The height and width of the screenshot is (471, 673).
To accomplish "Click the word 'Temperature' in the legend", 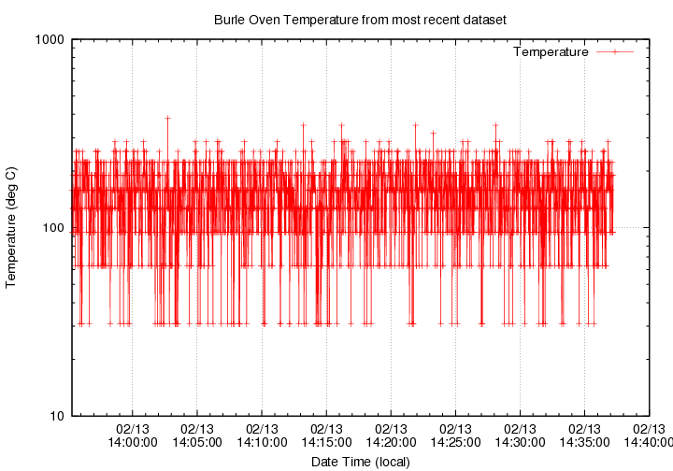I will tap(551, 52).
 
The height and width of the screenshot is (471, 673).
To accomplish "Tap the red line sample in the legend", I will tap(614, 52).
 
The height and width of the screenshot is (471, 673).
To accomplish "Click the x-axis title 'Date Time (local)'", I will tap(360, 461).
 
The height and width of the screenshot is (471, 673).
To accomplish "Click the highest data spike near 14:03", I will tap(167, 118).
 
